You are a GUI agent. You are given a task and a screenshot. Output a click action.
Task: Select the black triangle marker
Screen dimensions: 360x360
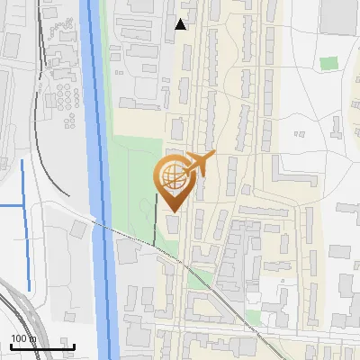[x=181, y=24]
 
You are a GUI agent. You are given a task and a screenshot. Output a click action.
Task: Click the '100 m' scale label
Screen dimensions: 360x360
[x=22, y=338]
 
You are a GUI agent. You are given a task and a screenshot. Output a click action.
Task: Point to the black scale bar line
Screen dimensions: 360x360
[x=42, y=346]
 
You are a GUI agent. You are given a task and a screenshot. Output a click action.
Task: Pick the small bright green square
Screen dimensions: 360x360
[x=328, y=64]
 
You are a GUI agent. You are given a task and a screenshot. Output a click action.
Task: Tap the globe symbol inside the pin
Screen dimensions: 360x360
[x=170, y=176]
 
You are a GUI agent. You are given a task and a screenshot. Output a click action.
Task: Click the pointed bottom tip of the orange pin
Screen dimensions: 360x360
[x=172, y=211]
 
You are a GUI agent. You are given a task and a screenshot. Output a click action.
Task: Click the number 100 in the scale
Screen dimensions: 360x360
[x=17, y=338]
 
